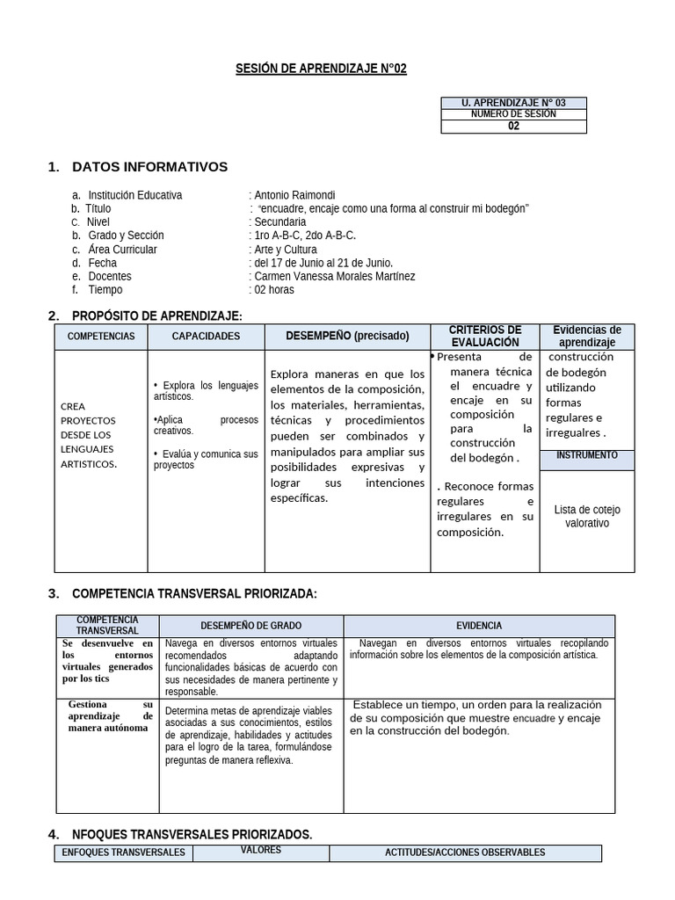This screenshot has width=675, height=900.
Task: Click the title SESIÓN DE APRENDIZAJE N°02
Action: [322, 69]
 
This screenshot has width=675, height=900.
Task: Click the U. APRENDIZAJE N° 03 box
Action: [513, 103]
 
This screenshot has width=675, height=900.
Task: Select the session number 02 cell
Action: [513, 126]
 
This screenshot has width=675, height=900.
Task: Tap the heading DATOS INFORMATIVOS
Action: [149, 167]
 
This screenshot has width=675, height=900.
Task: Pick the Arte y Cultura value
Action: [286, 250]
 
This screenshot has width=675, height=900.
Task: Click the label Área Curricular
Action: [123, 250]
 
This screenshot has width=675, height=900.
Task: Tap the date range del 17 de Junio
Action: [323, 263]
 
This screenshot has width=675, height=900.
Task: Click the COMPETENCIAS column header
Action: [101, 337]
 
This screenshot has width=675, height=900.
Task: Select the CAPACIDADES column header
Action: [206, 337]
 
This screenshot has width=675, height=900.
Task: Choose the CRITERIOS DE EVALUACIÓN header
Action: [485, 336]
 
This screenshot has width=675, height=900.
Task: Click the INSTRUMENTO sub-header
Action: [586, 456]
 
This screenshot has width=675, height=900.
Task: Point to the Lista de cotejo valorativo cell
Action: [586, 516]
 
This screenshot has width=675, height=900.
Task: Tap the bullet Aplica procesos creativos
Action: [206, 425]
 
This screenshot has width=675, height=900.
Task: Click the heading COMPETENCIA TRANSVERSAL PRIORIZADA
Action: [194, 594]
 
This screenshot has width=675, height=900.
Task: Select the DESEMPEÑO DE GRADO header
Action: [250, 626]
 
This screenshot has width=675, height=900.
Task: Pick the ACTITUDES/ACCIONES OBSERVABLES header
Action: [465, 853]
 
